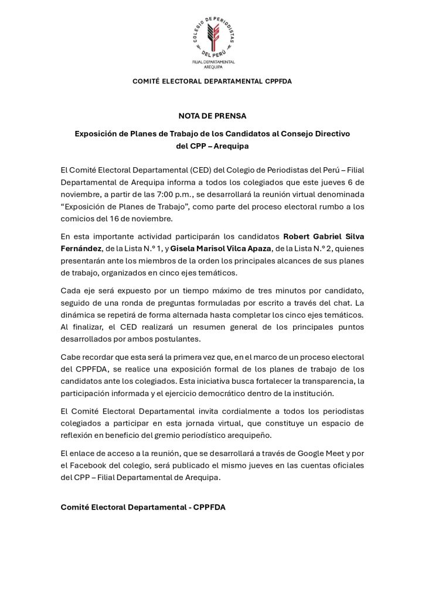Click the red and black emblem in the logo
coord(213,38)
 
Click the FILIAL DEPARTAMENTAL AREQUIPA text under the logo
coord(213,64)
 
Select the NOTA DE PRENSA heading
coord(212,116)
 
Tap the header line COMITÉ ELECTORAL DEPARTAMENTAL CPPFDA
coord(212,81)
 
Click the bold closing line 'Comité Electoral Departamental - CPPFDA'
coord(142,507)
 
